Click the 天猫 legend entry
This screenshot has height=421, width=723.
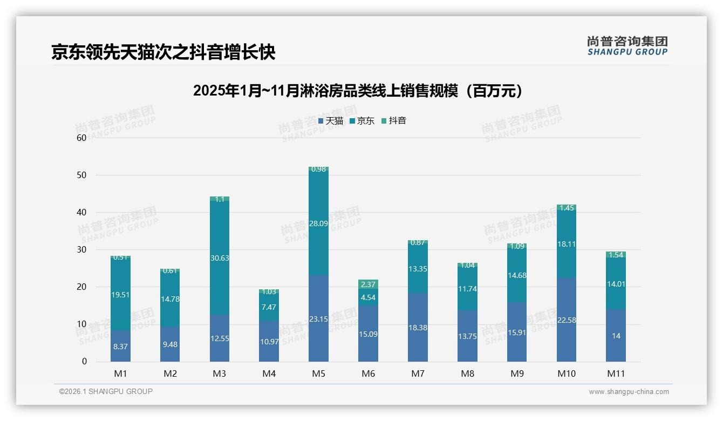[x=331, y=121]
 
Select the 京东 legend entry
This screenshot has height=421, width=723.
[x=362, y=121]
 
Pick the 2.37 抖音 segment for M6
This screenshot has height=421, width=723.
[x=368, y=284]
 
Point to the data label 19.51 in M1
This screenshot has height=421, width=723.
[x=120, y=295]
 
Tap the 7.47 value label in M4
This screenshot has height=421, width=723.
[x=269, y=307]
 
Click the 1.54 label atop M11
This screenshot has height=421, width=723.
[x=616, y=255]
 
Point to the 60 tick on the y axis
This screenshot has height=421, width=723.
[x=81, y=138]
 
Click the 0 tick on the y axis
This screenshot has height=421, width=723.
[x=84, y=362]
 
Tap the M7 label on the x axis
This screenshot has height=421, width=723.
[x=418, y=374]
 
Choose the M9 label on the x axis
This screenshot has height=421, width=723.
[x=517, y=374]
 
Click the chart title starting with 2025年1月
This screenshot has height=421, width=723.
[x=358, y=91]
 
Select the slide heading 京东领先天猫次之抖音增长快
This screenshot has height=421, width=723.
[x=163, y=52]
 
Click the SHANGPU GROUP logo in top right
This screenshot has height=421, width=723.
[x=627, y=46]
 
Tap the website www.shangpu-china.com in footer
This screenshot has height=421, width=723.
[x=629, y=392]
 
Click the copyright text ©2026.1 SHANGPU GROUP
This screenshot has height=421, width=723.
[x=106, y=391]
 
